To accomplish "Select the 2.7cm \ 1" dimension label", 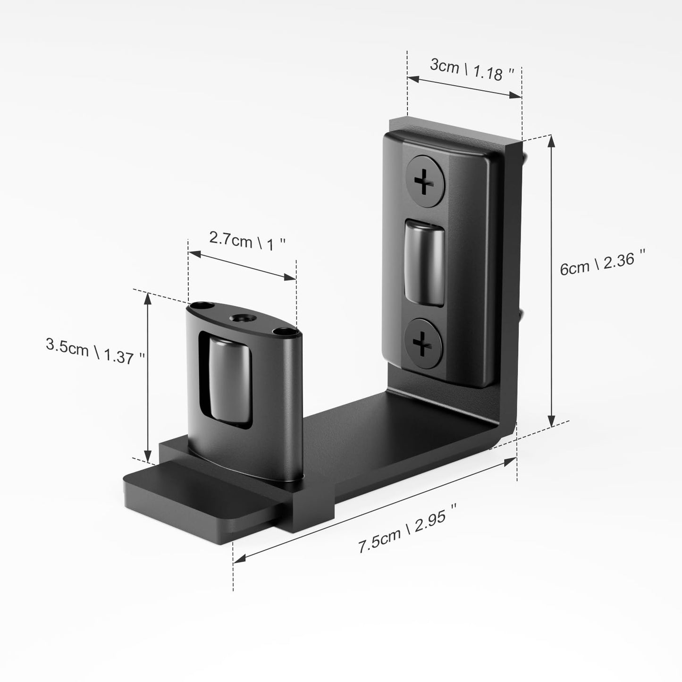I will [247, 241].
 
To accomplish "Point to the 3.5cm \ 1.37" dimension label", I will [95, 350].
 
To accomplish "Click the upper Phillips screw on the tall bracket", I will [425, 181].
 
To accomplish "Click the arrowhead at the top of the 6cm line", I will [551, 141].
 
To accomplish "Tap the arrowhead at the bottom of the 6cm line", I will [551, 421].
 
